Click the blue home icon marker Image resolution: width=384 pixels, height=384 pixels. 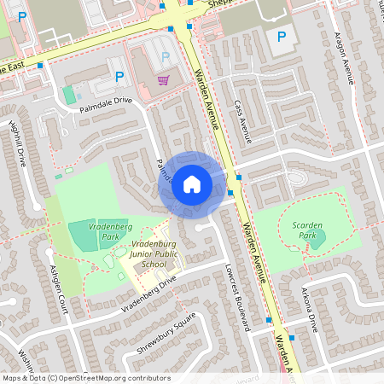pos(192,183)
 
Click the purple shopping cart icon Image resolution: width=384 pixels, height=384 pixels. pos(162,79)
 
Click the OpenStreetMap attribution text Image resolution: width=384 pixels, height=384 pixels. pos(86,378)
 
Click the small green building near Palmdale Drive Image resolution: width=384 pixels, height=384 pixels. pos(68,94)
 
